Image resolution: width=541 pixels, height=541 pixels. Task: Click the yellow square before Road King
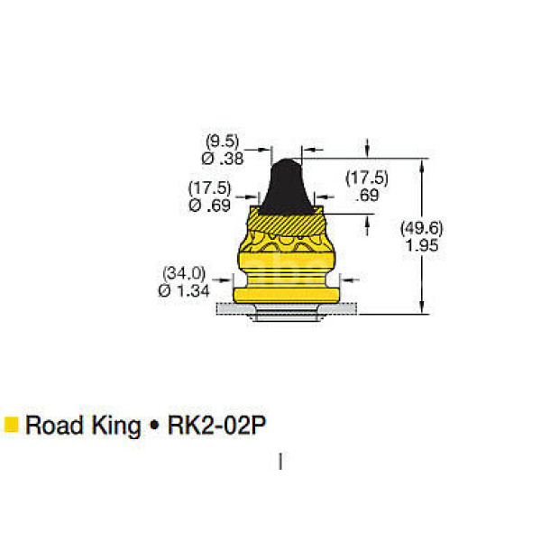pos(11,425)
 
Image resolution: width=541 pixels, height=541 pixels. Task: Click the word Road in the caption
pos(54,425)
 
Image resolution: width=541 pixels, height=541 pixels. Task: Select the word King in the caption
pos(116,426)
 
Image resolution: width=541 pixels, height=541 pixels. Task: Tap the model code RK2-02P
pos(216,425)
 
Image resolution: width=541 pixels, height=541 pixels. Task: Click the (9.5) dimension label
pos(222,142)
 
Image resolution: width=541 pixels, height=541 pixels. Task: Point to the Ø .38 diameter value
pos(223,159)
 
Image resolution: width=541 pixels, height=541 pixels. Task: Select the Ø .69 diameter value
pos(209,206)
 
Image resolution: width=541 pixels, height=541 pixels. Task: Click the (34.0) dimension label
pos(184,273)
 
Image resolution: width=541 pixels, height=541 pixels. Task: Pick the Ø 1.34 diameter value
pos(184,291)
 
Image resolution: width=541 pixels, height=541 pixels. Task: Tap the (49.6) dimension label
pos(421,228)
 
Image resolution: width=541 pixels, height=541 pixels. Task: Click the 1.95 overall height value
pos(422,245)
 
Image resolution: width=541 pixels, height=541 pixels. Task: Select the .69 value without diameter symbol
pos(367,196)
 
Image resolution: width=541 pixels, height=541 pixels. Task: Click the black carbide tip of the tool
pos(287,187)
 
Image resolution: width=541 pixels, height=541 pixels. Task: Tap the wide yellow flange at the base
pos(287,296)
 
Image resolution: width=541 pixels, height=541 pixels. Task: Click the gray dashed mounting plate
pos(287,308)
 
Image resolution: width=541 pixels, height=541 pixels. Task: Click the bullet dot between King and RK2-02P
pos(154,425)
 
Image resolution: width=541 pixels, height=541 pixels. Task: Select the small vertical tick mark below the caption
pos(280,462)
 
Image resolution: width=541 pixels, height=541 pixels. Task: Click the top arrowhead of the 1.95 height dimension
pos(422,166)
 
